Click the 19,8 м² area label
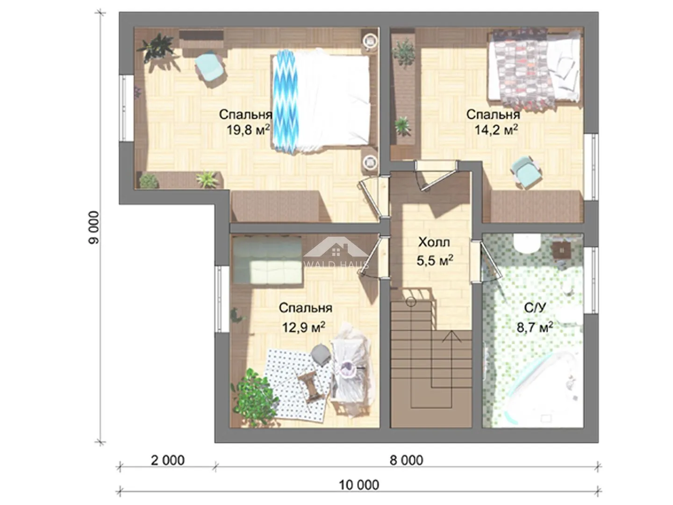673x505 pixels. click(248, 130)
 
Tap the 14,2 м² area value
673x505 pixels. click(496, 130)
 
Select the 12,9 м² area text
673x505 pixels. click(303, 327)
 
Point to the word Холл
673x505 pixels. click(434, 242)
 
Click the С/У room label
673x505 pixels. click(535, 308)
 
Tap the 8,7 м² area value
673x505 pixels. click(535, 327)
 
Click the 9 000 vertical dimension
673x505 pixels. click(94, 228)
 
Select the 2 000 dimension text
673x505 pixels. click(168, 460)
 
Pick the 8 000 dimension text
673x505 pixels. click(406, 460)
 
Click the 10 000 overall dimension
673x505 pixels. click(359, 485)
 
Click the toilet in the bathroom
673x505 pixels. click(526, 244)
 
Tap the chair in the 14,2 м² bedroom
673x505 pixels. click(525, 172)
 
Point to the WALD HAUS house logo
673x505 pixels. click(336, 252)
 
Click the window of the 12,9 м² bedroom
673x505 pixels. click(220, 299)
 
